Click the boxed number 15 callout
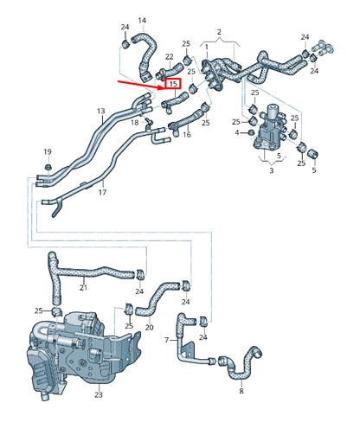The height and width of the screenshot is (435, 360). pyautogui.click(x=173, y=85)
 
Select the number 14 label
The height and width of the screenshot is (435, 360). pyautogui.click(x=143, y=20)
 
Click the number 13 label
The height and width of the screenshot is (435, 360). pyautogui.click(x=100, y=112)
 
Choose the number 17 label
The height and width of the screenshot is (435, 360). pyautogui.click(x=102, y=192)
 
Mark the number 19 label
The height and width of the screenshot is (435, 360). pyautogui.click(x=48, y=151)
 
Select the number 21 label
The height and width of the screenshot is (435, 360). pyautogui.click(x=84, y=287)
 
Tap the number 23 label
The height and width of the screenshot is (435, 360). pyautogui.click(x=98, y=395)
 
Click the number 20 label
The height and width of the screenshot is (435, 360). pyautogui.click(x=149, y=328)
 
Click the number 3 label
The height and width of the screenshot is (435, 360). pyautogui.click(x=271, y=172)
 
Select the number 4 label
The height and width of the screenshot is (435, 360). pyautogui.click(x=236, y=132)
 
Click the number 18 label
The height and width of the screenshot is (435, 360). pyautogui.click(x=134, y=123)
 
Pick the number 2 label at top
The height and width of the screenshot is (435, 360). pyautogui.click(x=219, y=32)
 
